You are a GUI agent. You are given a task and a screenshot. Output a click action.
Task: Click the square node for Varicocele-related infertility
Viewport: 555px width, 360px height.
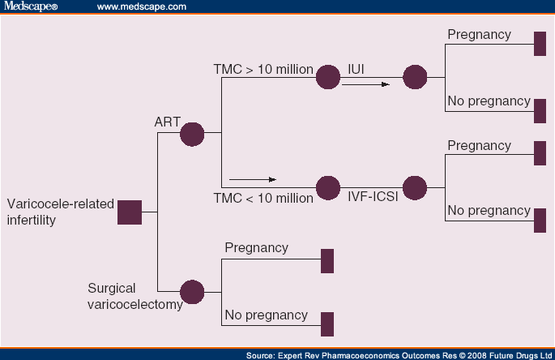pyautogui.click(x=130, y=212)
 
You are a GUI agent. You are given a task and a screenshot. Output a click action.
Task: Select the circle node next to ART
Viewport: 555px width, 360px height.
pyautogui.click(x=192, y=133)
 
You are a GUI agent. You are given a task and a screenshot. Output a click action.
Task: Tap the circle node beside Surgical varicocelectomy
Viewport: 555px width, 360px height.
pyautogui.click(x=192, y=292)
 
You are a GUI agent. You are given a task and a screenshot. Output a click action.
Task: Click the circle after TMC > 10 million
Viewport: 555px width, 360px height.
pyautogui.click(x=327, y=78)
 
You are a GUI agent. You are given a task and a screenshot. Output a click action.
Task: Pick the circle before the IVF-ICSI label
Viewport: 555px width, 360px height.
pyautogui.click(x=327, y=188)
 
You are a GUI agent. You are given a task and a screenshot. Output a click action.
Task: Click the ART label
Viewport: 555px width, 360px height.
pyautogui.click(x=167, y=122)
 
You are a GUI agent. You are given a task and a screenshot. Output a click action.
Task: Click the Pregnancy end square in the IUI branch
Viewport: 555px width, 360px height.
pyautogui.click(x=540, y=43)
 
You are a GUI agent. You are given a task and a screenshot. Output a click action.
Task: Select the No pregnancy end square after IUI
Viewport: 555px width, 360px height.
pyautogui.click(x=540, y=109)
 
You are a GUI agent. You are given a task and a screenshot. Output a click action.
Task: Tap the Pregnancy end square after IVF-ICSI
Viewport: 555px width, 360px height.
pyautogui.click(x=540, y=153)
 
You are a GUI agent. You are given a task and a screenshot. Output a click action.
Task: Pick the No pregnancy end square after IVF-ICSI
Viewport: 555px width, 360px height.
pyautogui.click(x=540, y=220)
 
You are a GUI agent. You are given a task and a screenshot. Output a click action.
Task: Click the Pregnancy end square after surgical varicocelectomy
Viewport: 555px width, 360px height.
pyautogui.click(x=327, y=260)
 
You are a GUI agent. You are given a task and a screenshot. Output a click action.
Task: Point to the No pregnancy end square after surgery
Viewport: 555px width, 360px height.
pyautogui.click(x=327, y=324)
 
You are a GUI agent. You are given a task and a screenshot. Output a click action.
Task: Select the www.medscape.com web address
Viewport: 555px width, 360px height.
pyautogui.click(x=141, y=6)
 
